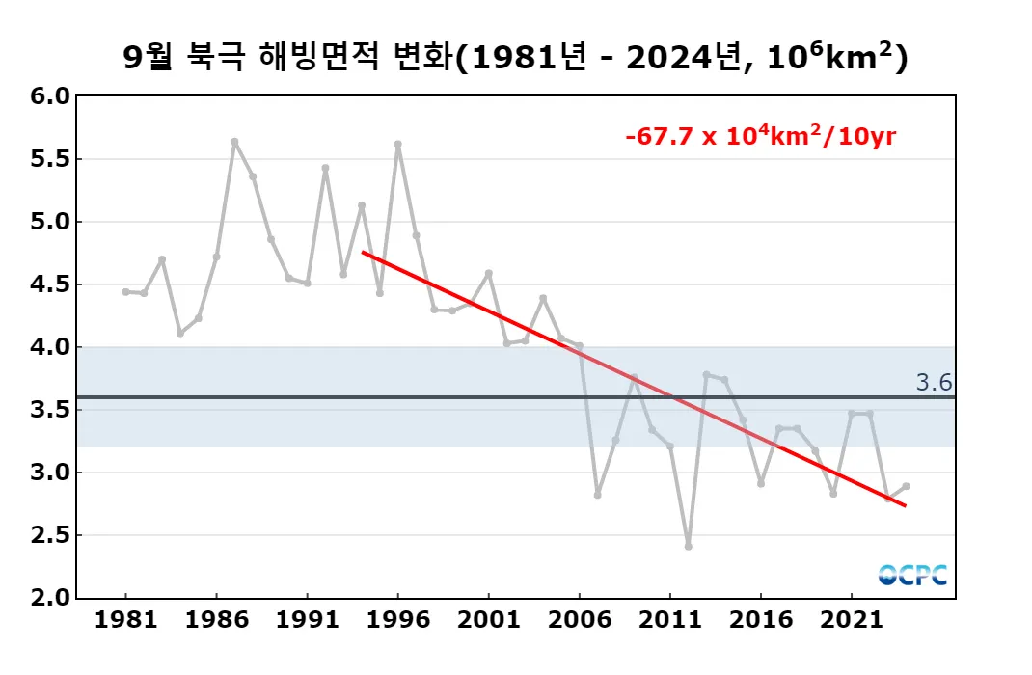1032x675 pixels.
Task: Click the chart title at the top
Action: click(x=516, y=58)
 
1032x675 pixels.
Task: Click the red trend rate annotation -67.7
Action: click(x=760, y=136)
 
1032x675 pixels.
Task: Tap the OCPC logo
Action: click(x=912, y=575)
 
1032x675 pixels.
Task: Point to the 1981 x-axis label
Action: click(x=126, y=618)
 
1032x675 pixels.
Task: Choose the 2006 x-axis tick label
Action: click(x=580, y=618)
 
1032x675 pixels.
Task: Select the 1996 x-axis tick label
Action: click(x=398, y=618)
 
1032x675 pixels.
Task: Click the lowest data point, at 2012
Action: click(x=688, y=546)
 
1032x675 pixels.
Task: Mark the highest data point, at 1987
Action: click(x=234, y=142)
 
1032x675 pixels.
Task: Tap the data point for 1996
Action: click(x=397, y=144)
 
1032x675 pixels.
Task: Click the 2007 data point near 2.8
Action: click(x=597, y=495)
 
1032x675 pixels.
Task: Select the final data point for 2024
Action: click(x=906, y=486)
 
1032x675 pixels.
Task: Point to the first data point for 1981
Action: click(x=125, y=291)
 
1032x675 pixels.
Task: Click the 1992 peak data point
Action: click(x=325, y=168)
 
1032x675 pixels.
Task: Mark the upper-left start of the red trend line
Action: click(x=363, y=252)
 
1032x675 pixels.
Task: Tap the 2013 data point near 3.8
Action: click(x=706, y=374)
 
